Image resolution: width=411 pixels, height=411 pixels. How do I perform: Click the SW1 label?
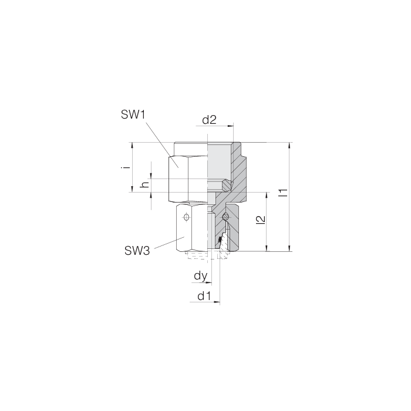tap(133, 115)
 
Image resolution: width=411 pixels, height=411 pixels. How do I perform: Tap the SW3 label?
tap(138, 251)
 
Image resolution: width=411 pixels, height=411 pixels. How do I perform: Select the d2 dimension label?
tap(210, 120)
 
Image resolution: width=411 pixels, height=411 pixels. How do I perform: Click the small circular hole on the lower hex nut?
tap(186, 218)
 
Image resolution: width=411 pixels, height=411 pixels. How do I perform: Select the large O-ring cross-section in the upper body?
tap(227, 186)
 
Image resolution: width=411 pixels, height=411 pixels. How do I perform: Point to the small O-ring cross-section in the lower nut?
tap(226, 218)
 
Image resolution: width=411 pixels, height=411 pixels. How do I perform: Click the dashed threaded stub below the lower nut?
tap(197, 256)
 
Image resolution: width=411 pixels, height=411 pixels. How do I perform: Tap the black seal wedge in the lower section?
tap(220, 240)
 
